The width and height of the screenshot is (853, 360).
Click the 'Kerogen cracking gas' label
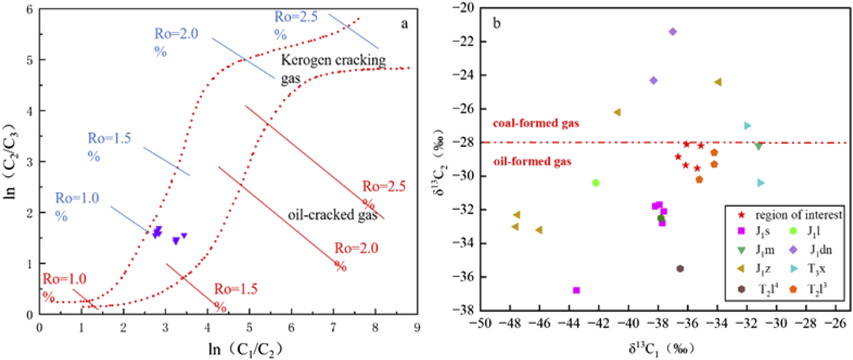tap(333, 68)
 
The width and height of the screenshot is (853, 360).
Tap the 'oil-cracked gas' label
tap(332, 215)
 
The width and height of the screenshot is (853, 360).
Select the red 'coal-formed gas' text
tap(536, 123)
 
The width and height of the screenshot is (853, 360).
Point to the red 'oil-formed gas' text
tap(532, 161)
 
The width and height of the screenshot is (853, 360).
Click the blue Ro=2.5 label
tap(296, 24)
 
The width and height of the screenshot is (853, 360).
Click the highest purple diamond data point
tap(672, 32)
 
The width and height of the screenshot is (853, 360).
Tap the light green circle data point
tap(595, 183)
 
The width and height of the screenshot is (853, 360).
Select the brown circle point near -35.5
tap(680, 269)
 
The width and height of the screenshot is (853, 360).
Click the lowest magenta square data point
tap(576, 290)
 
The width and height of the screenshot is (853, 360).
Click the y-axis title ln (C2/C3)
tap(11, 161)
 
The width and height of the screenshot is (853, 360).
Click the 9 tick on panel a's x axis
tap(416, 327)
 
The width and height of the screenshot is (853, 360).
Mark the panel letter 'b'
tap(497, 23)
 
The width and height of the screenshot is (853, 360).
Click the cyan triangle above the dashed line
tap(748, 126)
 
